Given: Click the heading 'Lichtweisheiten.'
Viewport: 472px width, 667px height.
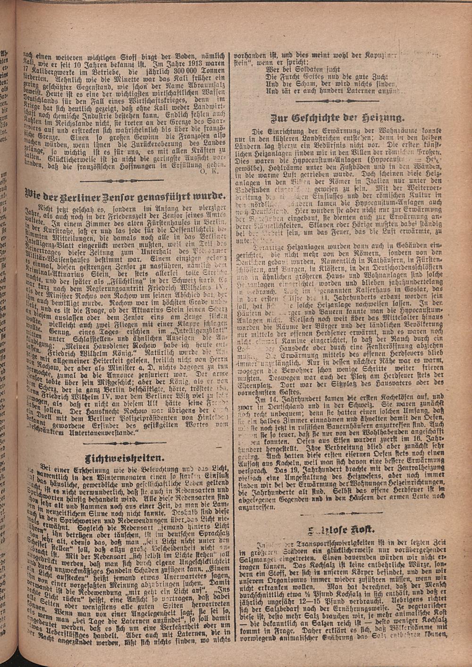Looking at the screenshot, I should pos(125,458).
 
